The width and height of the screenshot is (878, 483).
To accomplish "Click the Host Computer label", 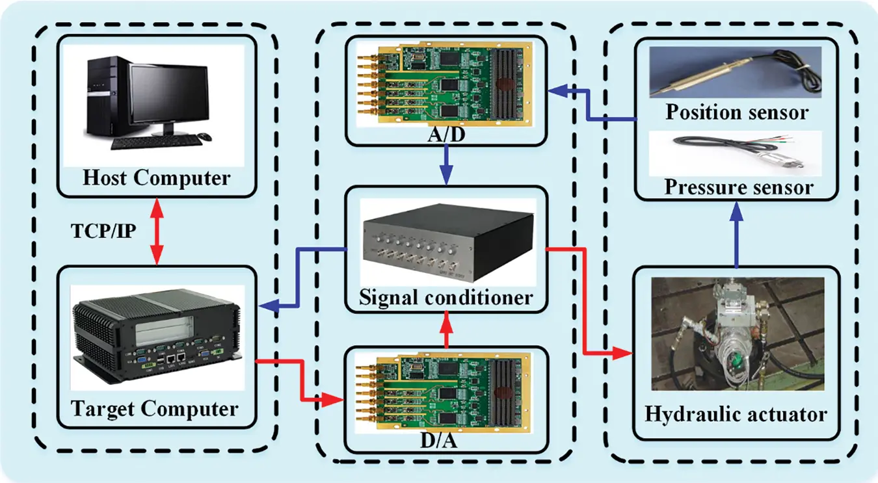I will click(x=156, y=177).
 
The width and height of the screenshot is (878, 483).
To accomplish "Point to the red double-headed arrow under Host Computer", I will click(x=156, y=231).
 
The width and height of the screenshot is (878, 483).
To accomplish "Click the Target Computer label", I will click(x=154, y=409).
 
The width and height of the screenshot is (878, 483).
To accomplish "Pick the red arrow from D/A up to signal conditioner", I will click(x=446, y=328).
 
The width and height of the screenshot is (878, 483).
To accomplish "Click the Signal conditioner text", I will click(x=446, y=298).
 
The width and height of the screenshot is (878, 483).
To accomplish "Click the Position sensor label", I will click(x=737, y=112).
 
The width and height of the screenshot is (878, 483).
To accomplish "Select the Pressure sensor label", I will click(x=739, y=188).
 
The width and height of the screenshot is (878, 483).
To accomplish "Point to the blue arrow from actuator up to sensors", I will click(x=737, y=234).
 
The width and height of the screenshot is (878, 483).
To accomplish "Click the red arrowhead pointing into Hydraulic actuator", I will click(x=625, y=354).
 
